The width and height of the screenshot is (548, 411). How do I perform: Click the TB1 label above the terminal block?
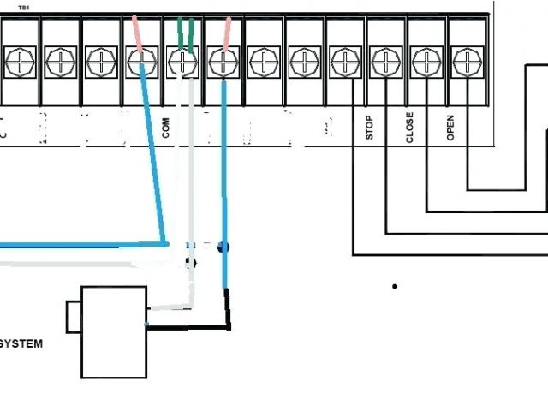tap(24, 7)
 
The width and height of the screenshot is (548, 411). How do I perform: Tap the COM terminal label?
tap(165, 128)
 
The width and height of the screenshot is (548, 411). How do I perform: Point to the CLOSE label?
tap(409, 126)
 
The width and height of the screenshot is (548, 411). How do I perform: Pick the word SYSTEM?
tap(21, 344)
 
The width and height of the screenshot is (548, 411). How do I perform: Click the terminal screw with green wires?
tap(182, 61)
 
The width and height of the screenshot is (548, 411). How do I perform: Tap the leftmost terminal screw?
tap(18, 61)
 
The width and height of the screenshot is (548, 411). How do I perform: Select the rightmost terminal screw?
tap(468, 61)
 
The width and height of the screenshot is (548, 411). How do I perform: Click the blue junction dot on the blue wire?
tap(223, 247)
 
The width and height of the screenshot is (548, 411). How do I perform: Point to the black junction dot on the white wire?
tap(190, 264)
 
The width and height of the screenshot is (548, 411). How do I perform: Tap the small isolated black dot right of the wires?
tap(395, 286)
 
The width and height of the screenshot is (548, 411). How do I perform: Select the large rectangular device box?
tap(114, 332)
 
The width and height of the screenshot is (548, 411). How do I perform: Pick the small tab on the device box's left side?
tap(74, 315)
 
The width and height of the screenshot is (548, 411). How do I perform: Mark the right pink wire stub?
tap(226, 33)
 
